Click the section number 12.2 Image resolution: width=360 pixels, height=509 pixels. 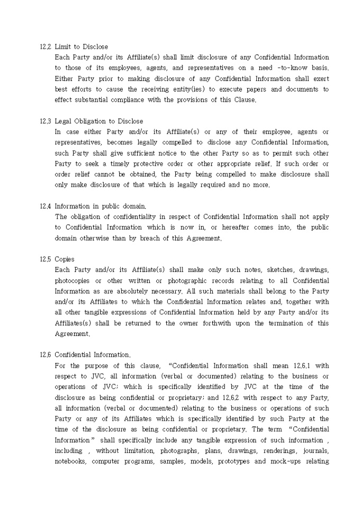[45, 47]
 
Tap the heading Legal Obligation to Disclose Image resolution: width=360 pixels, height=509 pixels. [98, 121]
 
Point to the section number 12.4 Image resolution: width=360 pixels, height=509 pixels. [45, 206]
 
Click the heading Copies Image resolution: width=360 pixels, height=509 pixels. [65, 259]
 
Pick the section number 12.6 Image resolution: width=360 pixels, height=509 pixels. [45, 355]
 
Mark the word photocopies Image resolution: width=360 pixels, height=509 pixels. [72, 280]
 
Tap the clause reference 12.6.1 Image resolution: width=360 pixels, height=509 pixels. [304, 366]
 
